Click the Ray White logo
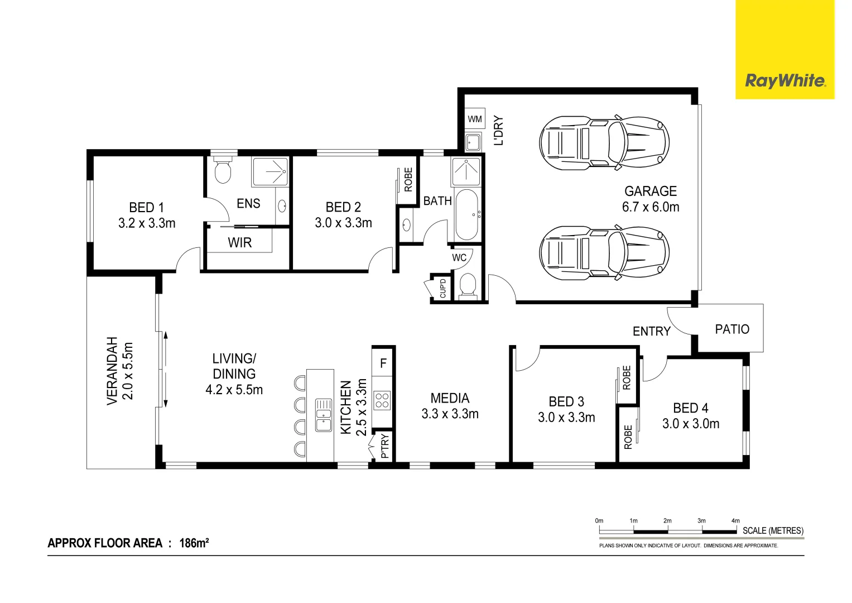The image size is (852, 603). click(x=784, y=81)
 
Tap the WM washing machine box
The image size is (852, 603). click(x=475, y=119)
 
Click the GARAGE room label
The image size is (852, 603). click(x=651, y=192)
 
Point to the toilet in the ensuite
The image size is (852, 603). click(x=223, y=171)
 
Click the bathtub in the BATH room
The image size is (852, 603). click(x=466, y=215)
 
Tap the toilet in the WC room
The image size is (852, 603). click(x=467, y=286)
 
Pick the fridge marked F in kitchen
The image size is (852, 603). click(x=383, y=363)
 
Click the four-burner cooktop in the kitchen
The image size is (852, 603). click(x=382, y=400)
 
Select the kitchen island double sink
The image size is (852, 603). click(x=324, y=415)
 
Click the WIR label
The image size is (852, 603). click(x=240, y=243)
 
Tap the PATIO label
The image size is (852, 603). click(x=732, y=329)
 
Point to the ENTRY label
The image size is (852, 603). click(x=651, y=332)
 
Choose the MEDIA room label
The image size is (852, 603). click(x=450, y=399)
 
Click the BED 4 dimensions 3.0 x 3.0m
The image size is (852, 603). click(x=691, y=424)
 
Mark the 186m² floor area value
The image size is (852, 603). click(x=194, y=543)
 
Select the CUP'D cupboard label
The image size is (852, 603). click(x=443, y=288)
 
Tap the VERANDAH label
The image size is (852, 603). click(x=112, y=371)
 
